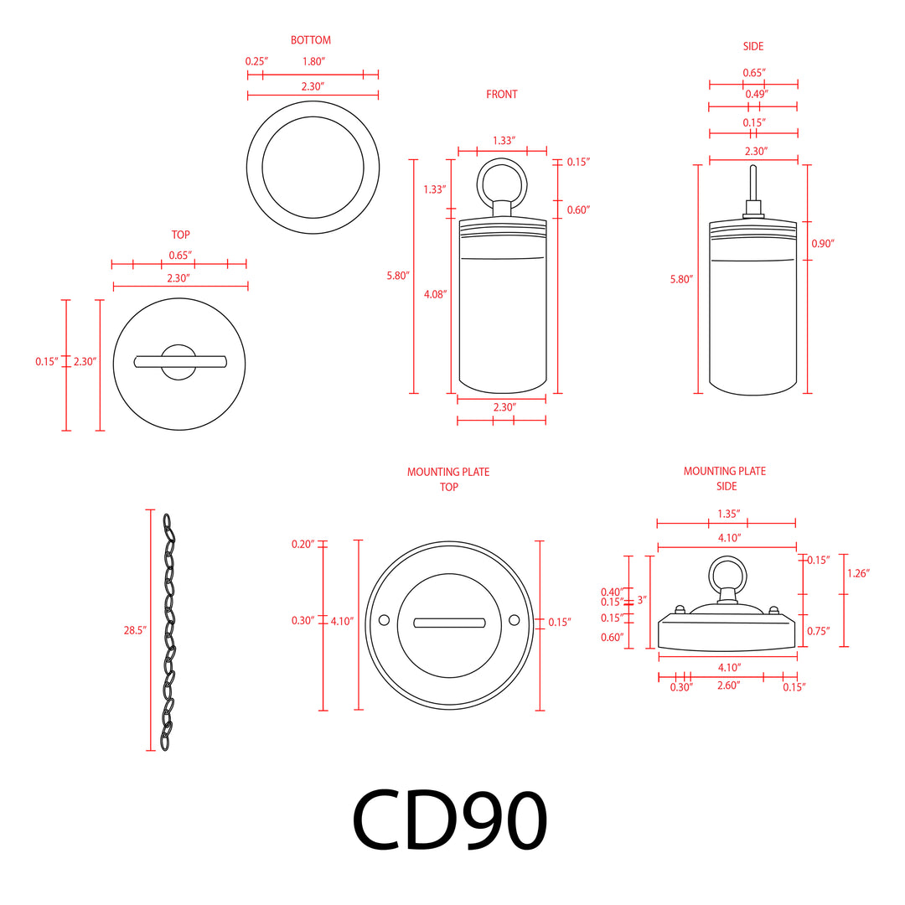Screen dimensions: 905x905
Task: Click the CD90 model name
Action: [x=450, y=819]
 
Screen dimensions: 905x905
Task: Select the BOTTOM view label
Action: [x=311, y=40]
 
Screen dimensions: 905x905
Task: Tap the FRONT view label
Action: [x=502, y=95]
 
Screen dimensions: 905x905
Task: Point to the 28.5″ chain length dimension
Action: [x=135, y=629]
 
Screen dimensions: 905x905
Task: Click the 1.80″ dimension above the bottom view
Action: [x=313, y=61]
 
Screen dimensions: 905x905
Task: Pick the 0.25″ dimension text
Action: [x=255, y=61]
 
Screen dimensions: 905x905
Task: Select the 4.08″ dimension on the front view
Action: [x=436, y=294]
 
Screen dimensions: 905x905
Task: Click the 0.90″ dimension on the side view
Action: [x=823, y=243]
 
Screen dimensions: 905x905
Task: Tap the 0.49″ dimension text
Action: [x=753, y=95]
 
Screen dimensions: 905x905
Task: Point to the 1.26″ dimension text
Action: [x=858, y=573]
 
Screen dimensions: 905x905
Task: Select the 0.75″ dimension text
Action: [x=817, y=631]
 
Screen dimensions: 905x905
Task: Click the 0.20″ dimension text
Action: [x=303, y=544]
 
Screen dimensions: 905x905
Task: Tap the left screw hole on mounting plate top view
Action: [x=385, y=620]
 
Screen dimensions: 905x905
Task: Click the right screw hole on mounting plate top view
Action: [x=514, y=620]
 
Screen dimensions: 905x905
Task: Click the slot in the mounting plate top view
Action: [x=449, y=622]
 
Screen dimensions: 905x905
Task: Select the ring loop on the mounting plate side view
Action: [x=727, y=574]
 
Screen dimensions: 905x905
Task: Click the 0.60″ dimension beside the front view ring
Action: [x=578, y=209]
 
